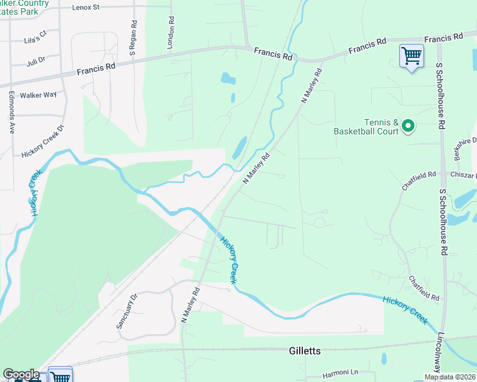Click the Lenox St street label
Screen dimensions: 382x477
(x=86, y=8)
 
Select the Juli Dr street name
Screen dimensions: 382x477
(x=36, y=61)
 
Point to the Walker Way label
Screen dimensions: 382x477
(x=38, y=95)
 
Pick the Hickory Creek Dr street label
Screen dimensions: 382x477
(x=43, y=141)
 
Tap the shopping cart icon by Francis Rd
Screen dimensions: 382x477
(x=411, y=56)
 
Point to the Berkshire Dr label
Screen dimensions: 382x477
(x=466, y=150)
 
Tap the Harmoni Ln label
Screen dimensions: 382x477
(x=341, y=372)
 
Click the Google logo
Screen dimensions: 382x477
(x=21, y=374)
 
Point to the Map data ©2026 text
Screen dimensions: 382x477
(x=450, y=377)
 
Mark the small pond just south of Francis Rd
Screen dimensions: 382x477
(x=227, y=79)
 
